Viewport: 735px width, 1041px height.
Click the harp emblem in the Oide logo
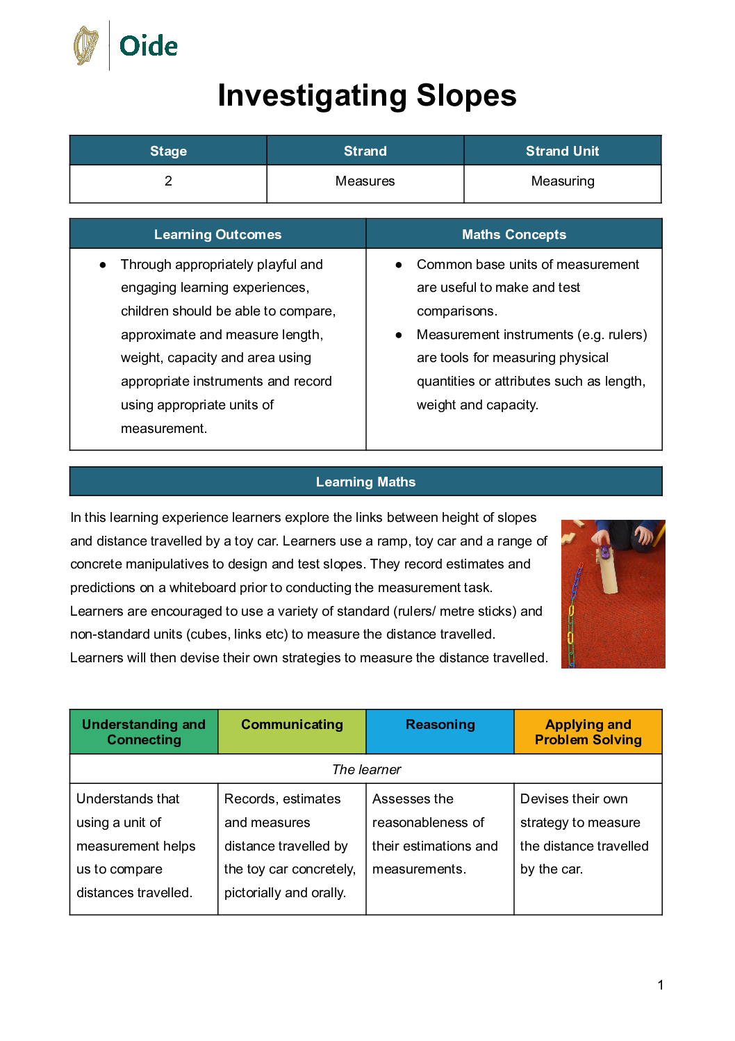pos(86,46)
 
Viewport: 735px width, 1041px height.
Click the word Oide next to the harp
pos(149,47)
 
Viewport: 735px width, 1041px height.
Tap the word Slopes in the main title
pos(466,96)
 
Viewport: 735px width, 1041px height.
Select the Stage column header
pos(168,151)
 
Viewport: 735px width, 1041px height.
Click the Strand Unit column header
pos(562,151)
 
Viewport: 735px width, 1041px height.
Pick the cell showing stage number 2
pos(168,181)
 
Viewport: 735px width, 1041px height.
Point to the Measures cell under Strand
pos(365,181)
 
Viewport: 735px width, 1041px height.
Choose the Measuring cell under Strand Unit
pos(562,181)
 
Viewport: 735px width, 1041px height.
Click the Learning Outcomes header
pos(217,234)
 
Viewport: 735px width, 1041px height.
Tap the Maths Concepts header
pos(514,234)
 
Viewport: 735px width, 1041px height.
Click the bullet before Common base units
pos(399,265)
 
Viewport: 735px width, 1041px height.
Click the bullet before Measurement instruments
pos(399,335)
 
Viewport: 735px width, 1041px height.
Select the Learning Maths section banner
pos(365,482)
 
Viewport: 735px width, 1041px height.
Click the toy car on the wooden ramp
pos(604,554)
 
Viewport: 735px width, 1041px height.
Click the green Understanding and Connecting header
pos(144,732)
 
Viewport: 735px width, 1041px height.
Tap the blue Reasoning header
pos(440,725)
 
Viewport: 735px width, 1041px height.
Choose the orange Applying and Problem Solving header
pos(588,732)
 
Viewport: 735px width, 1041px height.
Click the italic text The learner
pos(366,769)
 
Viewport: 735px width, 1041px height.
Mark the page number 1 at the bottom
pos(660,985)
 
